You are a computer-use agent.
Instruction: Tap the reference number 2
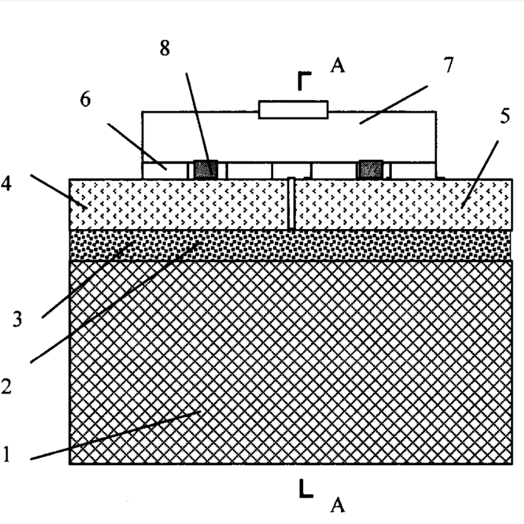(x=8, y=386)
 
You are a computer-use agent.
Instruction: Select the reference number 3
(x=18, y=320)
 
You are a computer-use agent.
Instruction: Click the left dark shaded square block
(x=205, y=169)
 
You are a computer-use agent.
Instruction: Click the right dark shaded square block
(x=369, y=169)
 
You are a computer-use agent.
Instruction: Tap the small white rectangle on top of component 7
(x=293, y=110)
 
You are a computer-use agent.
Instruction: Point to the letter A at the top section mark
(x=337, y=65)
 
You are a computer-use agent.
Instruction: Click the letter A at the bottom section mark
(x=338, y=505)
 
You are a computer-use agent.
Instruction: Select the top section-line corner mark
(x=304, y=82)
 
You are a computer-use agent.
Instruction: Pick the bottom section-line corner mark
(x=305, y=490)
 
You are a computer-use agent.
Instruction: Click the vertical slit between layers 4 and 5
(x=292, y=204)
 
